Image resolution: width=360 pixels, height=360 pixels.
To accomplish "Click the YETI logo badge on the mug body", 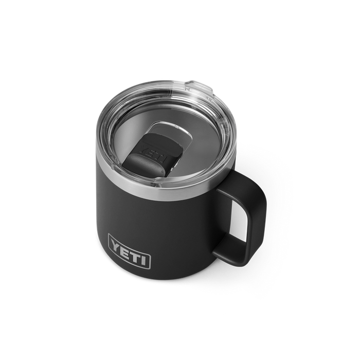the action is [x=129, y=251].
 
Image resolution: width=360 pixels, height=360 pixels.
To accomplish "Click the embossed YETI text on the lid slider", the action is [x=153, y=152].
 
